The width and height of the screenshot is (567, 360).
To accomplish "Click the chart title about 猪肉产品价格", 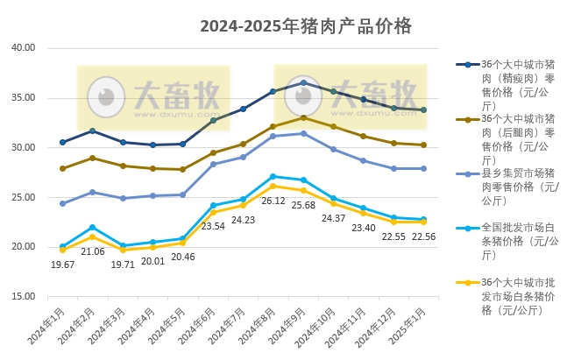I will (x=305, y=26).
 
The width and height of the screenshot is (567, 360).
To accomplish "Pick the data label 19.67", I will (x=62, y=264).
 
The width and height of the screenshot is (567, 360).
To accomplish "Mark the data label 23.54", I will (x=214, y=226).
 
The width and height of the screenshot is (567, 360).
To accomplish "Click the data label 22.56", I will (x=424, y=236).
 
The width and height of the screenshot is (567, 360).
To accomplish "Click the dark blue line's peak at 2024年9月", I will (x=303, y=83).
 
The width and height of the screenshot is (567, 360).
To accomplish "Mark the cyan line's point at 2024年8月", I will (x=273, y=177).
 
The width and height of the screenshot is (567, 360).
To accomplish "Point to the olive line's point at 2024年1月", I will (x=62, y=168).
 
